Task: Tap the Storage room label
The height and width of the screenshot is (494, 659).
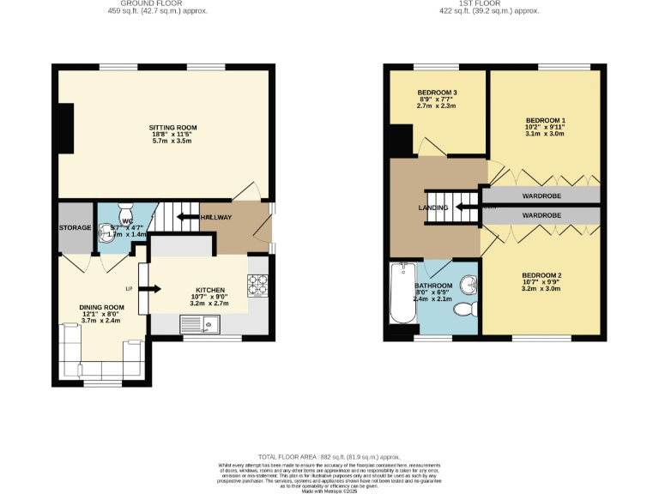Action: tap(74, 227)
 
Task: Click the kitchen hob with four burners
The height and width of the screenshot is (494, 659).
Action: tap(258, 284)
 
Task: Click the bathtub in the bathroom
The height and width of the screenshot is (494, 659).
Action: tap(402, 295)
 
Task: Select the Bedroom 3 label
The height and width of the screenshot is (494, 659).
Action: tap(437, 93)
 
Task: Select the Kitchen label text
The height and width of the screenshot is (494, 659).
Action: tap(209, 290)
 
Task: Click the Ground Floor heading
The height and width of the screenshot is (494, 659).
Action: tap(157, 3)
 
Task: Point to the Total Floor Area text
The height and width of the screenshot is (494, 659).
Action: tap(329, 457)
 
